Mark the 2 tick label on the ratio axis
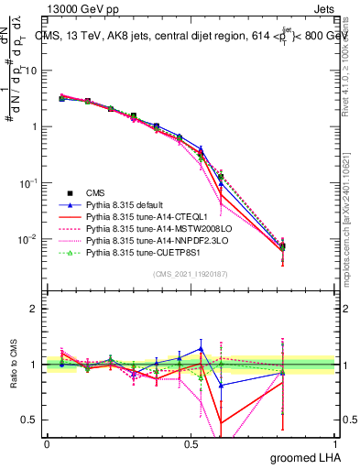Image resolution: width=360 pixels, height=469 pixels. [x=34, y=309]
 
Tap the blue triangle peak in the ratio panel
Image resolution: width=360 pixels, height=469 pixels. [x=201, y=348]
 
